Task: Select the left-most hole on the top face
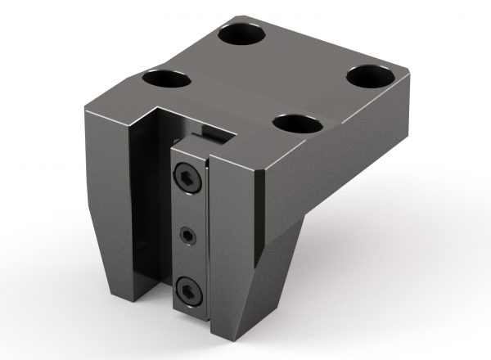tap(165, 80)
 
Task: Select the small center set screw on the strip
tap(189, 236)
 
